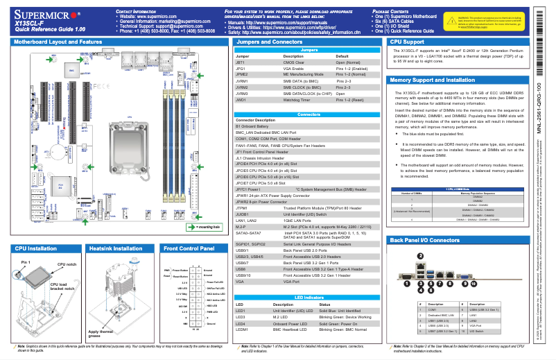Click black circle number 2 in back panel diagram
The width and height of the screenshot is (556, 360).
click(419, 256)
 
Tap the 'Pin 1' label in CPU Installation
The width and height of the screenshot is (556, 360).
click(26, 262)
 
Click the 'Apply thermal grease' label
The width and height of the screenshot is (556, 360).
click(101, 334)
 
